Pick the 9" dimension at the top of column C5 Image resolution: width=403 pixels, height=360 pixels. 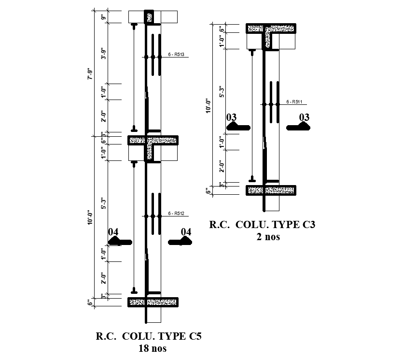click(103, 18)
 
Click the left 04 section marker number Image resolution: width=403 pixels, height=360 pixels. click(113, 232)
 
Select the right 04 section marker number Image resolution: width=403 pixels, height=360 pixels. click(186, 232)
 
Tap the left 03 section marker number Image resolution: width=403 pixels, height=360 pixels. click(232, 117)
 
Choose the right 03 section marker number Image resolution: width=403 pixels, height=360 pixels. click(305, 117)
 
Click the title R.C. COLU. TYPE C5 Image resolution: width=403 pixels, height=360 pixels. click(148, 336)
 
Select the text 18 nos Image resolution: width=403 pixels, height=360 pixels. click(149, 348)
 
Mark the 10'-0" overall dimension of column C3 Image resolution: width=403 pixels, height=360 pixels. click(208, 106)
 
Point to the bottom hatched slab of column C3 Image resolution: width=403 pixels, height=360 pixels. click(271, 190)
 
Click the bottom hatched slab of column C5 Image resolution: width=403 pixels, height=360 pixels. click(153, 302)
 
